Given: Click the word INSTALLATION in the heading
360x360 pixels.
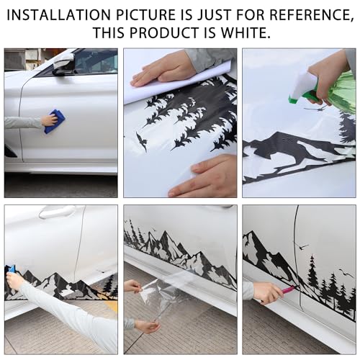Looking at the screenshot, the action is click(x=58, y=15).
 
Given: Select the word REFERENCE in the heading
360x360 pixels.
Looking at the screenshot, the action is click(x=312, y=15).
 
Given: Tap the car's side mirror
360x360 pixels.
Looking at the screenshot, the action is click(x=63, y=64).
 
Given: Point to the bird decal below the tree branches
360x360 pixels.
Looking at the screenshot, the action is click(x=141, y=141).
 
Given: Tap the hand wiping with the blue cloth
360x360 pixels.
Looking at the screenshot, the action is click(x=49, y=120).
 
